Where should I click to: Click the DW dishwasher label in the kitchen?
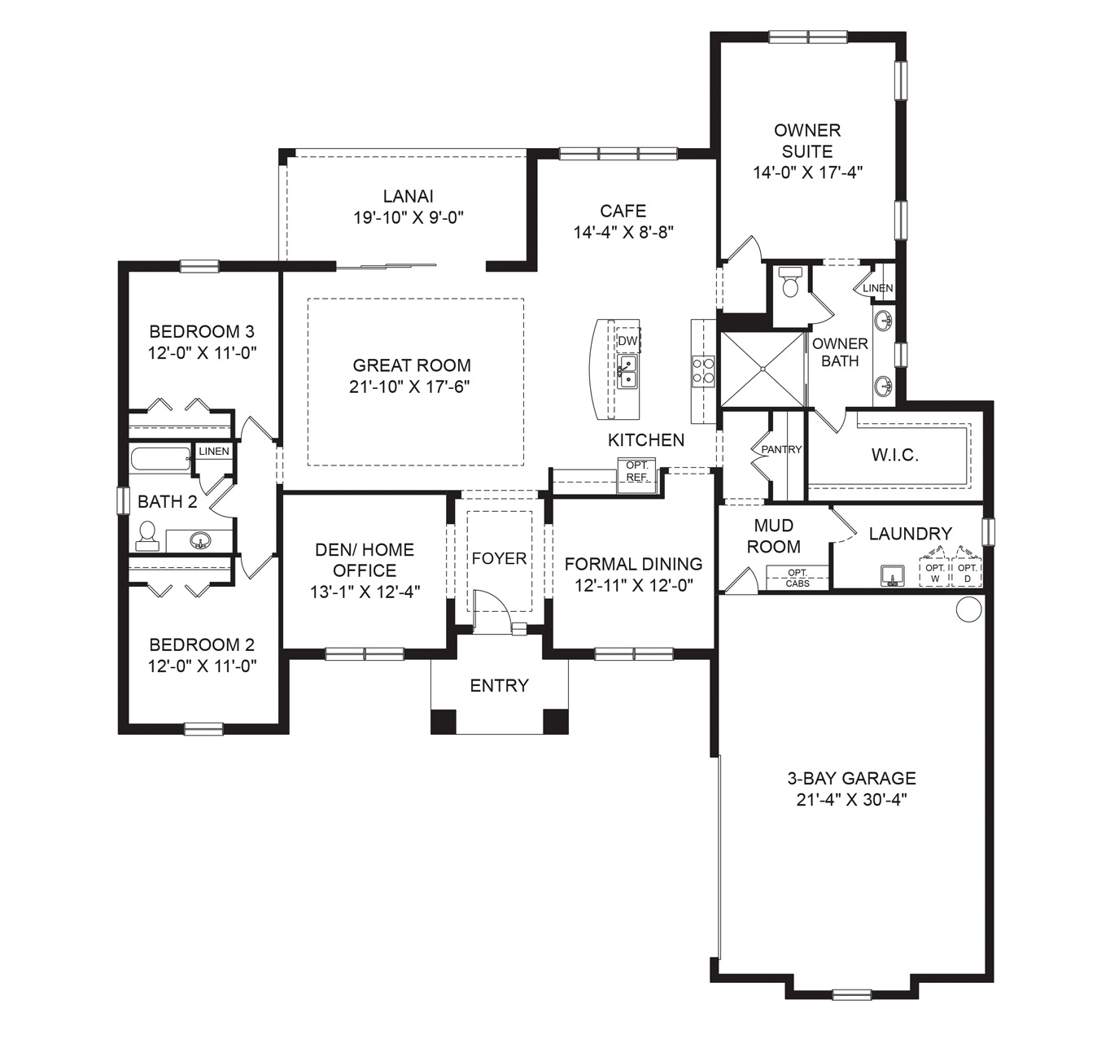coord(627,341)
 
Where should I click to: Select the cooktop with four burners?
coord(703,371)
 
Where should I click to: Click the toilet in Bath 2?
coord(147,535)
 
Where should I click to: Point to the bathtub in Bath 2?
coord(160,460)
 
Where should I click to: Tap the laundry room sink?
coord(893,575)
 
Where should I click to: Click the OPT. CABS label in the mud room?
coord(798,578)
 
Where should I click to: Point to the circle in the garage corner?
coord(968,609)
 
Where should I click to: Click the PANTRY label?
coord(781,449)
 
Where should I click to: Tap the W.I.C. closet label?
coord(894,456)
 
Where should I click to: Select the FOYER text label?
coord(499,558)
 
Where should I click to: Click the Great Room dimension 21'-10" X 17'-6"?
coord(410,387)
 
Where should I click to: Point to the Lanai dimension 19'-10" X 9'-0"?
coord(409,217)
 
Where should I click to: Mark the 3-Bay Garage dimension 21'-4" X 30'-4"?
coord(851,800)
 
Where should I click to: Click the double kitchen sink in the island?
coord(627,373)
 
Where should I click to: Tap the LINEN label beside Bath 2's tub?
coord(214,451)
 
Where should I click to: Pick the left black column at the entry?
coord(443,722)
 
